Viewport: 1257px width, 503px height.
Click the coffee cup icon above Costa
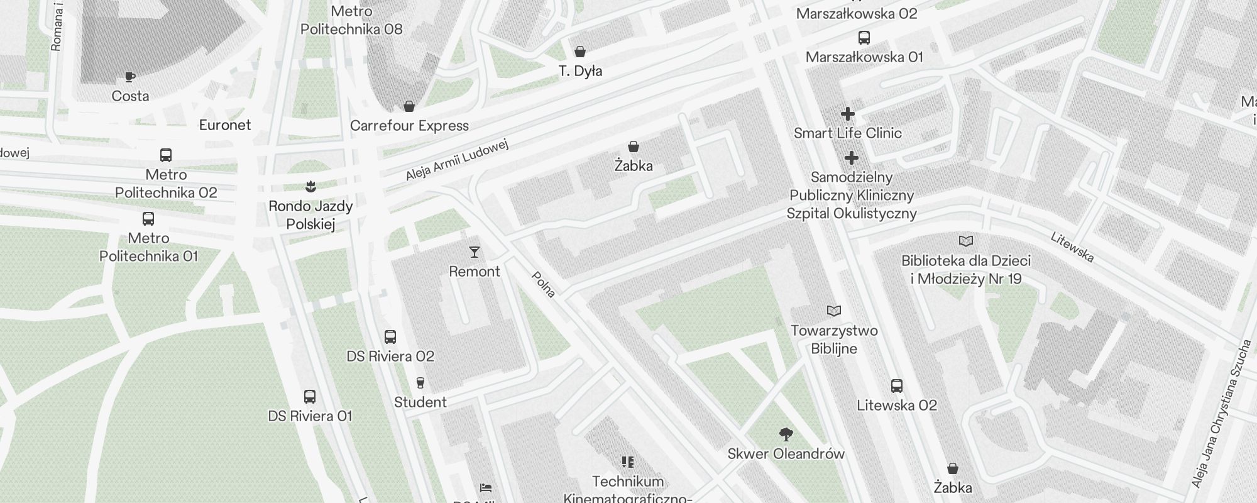[x=130, y=77]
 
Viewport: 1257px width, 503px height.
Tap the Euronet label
[x=225, y=125]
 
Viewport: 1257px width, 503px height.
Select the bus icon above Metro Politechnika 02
[x=166, y=155]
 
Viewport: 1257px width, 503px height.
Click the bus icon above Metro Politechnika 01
[x=148, y=219]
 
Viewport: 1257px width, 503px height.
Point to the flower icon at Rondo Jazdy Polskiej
[x=310, y=186]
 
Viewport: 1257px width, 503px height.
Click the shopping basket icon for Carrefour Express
[x=409, y=106]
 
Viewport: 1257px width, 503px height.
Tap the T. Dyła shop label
[x=580, y=71]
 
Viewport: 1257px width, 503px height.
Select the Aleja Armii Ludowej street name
[x=456, y=160]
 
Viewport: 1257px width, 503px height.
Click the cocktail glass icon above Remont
[x=475, y=252]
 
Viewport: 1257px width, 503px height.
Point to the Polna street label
[x=544, y=284]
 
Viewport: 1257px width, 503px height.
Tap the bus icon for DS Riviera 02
[x=390, y=337]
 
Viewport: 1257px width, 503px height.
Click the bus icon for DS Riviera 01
[x=310, y=397]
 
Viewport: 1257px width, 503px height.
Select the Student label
[x=420, y=402]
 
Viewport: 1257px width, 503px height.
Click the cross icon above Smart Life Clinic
[x=847, y=114]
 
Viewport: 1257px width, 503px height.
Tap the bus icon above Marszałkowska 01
[x=864, y=38]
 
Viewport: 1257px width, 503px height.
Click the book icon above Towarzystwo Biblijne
[x=834, y=311]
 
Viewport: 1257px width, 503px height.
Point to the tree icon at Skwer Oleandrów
[x=786, y=434]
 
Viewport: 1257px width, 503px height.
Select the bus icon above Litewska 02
[x=897, y=386]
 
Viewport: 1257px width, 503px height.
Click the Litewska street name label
[x=1072, y=247]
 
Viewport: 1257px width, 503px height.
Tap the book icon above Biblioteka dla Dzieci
[x=966, y=241]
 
